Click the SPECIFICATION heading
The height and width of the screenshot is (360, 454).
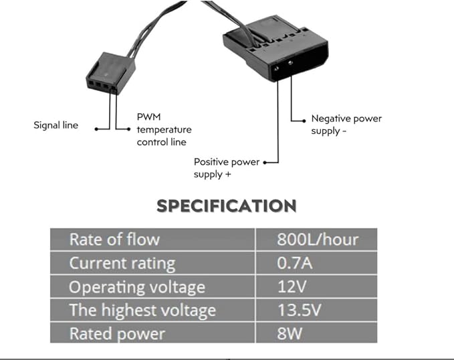click(x=226, y=205)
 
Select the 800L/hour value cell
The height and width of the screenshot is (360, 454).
click(x=318, y=239)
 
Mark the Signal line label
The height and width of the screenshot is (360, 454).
click(x=55, y=125)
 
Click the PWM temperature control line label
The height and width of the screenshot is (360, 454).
click(x=164, y=129)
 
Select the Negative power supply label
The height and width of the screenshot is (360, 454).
click(x=346, y=124)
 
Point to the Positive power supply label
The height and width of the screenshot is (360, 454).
click(x=226, y=167)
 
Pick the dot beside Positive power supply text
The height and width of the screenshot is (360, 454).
click(x=265, y=162)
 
